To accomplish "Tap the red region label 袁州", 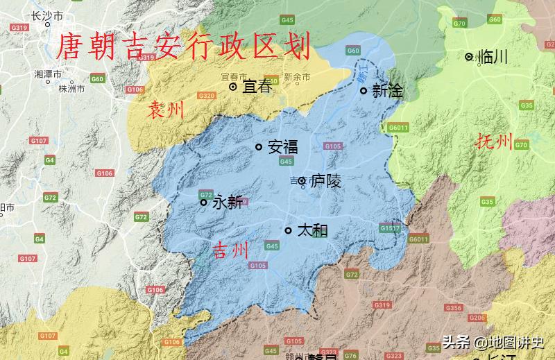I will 166,109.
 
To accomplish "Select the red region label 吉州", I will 230,250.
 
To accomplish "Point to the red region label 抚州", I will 494,143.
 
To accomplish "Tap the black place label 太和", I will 311,230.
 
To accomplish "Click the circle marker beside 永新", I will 203,203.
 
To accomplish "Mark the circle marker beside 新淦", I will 363,90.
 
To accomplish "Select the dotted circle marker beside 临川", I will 470,57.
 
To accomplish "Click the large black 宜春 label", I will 256,87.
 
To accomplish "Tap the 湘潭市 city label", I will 48,74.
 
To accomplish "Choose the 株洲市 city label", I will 71,89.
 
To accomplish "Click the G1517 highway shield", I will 390,228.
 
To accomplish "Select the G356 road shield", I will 454,307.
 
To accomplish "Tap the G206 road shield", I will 477,318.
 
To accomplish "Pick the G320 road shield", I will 207,96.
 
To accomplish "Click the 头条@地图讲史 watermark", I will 494,343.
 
